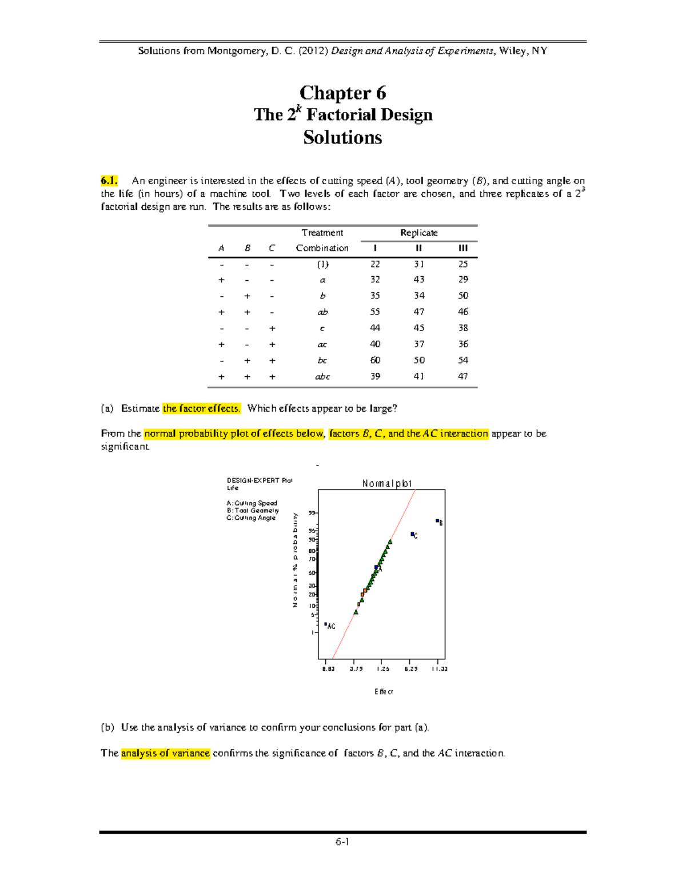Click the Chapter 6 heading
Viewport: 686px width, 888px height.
[342, 93]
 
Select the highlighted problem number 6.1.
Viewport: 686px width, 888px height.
[109, 181]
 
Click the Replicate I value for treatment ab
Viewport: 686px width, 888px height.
[375, 312]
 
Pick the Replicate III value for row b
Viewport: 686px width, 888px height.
[463, 296]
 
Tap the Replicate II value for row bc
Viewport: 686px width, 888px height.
[419, 360]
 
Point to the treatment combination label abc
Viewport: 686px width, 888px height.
[322, 376]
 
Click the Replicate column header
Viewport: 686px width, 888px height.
[418, 233]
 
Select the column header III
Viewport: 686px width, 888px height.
[463, 248]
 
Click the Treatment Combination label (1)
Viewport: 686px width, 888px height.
[322, 264]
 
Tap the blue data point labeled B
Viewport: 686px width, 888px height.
[437, 521]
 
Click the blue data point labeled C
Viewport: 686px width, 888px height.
[412, 534]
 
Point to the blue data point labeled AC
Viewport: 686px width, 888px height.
[326, 624]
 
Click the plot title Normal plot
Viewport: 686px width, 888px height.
[387, 484]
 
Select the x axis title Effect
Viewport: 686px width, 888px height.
[384, 692]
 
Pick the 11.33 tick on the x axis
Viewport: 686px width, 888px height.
[439, 668]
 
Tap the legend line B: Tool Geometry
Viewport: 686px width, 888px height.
[253, 511]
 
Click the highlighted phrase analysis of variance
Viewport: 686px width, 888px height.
[166, 753]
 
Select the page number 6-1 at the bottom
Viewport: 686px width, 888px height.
[342, 842]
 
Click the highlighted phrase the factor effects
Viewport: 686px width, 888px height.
[201, 408]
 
